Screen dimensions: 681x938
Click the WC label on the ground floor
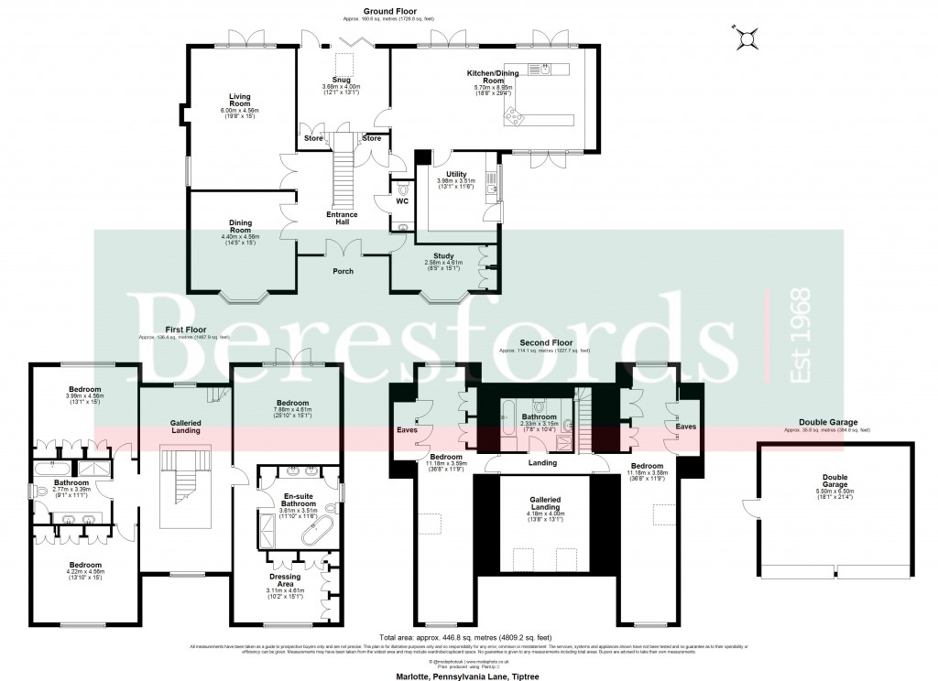401,200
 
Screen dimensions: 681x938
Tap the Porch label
342,271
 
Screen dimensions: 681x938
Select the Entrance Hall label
343,219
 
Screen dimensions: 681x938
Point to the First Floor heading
185,330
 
